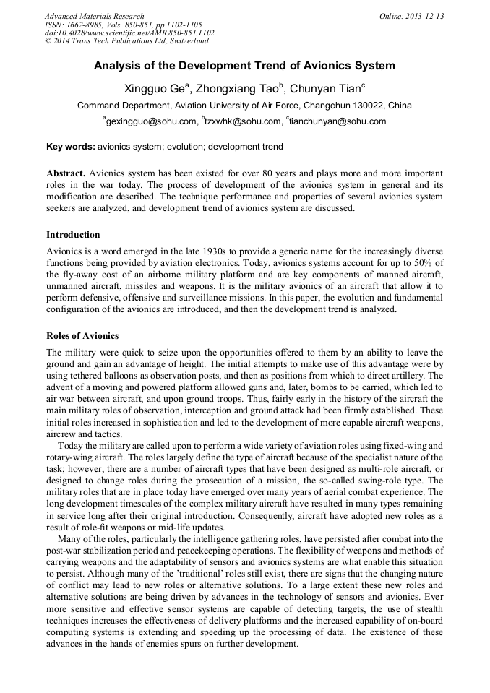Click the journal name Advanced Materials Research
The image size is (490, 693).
pos(94,16)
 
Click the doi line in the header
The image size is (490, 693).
pos(129,33)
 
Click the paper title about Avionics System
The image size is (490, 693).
pos(244,66)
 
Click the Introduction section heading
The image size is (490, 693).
pos(73,235)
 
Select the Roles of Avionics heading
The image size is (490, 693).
pos(82,336)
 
